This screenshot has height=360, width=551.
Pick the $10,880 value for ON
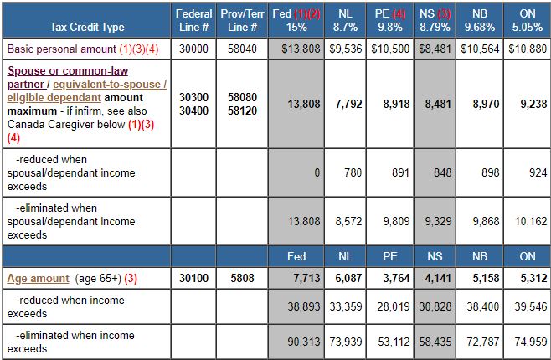528,49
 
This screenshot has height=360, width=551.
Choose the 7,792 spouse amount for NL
348,104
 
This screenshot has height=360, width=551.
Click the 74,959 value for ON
528,342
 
